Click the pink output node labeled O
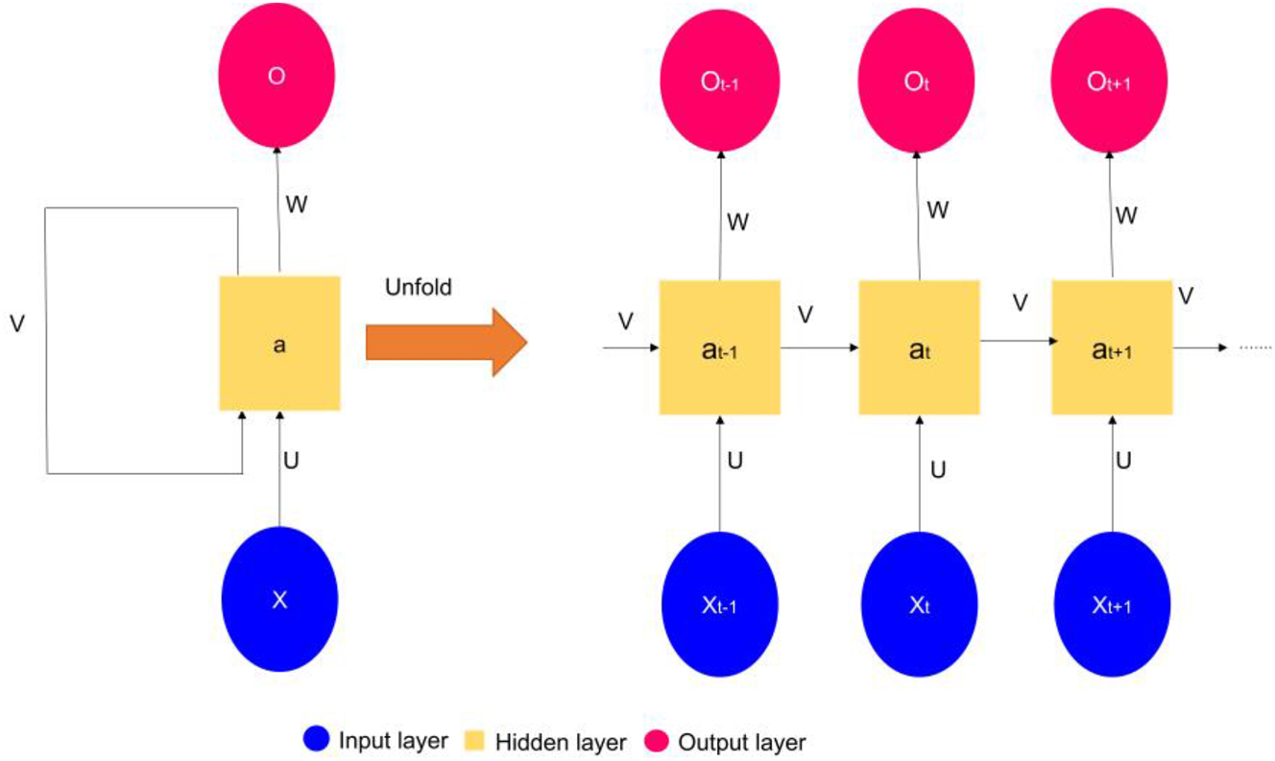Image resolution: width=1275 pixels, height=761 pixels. pos(277,78)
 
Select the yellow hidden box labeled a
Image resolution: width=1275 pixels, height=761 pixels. pos(278,344)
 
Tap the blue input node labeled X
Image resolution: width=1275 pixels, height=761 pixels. pos(279,600)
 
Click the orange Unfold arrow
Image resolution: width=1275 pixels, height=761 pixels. pos(445,341)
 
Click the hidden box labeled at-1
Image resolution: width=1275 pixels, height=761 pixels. pos(719,347)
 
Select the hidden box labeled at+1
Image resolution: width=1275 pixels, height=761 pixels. pos(1112,347)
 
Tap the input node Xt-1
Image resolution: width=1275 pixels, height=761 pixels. pos(720,606)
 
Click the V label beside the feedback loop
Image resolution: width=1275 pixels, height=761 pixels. pos(17,323)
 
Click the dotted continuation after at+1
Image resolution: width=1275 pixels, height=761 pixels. pos(1256,347)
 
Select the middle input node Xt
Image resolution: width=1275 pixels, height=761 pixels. pos(919,606)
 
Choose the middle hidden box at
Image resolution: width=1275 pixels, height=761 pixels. pos(918,347)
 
